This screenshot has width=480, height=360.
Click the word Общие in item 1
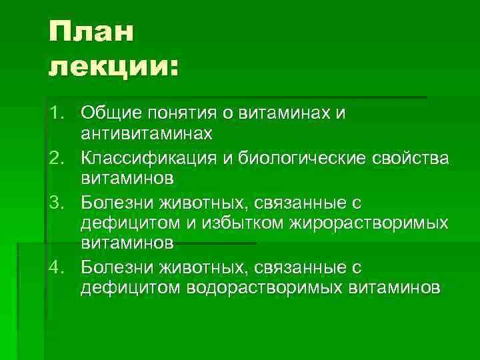pos(111,113)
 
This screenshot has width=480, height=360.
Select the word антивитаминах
pos(147,135)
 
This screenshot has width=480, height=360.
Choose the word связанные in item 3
pos(300,201)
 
